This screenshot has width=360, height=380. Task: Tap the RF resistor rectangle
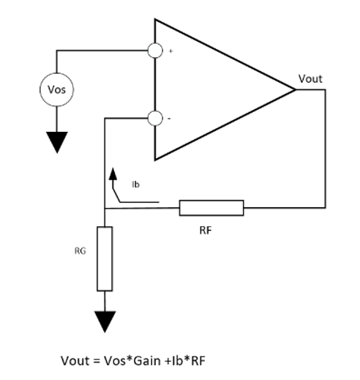[x=211, y=208]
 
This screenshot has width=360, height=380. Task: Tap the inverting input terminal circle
[x=155, y=118]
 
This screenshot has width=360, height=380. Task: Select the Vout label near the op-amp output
[x=310, y=78]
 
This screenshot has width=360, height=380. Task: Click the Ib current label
[x=135, y=185]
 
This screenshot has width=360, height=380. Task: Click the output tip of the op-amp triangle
[x=294, y=89]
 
